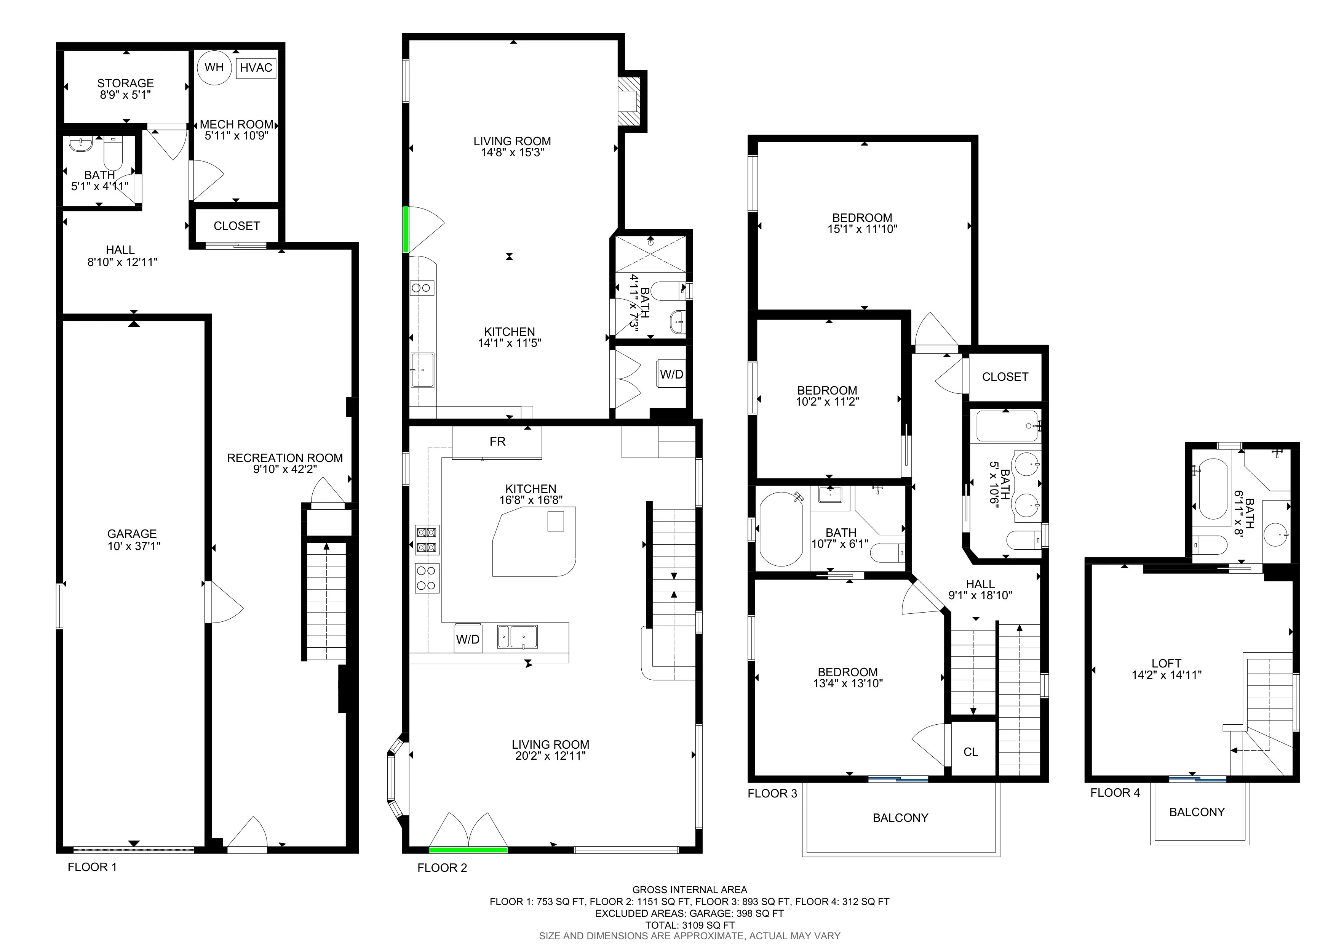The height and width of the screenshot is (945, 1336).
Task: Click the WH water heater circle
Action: coord(214,67)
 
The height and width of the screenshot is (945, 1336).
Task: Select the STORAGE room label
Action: coord(125,83)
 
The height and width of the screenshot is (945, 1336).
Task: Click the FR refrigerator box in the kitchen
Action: coord(497,442)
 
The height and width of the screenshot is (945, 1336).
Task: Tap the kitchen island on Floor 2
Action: coord(534,541)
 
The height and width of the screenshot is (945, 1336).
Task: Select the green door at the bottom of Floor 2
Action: coord(468,850)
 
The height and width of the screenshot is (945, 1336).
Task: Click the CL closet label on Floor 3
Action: coord(970,752)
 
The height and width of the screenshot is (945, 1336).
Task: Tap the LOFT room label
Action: coord(1166,663)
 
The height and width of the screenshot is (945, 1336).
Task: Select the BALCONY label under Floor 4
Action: coord(1197,812)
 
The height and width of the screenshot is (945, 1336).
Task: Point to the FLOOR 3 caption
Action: coord(772,794)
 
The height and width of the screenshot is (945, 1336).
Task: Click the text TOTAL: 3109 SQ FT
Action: coord(690,925)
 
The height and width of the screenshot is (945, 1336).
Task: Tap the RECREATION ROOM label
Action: coord(284,458)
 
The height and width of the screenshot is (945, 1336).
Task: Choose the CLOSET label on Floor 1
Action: coord(236,226)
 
